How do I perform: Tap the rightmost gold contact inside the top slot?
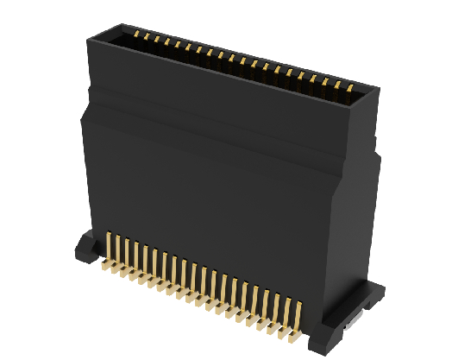click(x=349, y=86)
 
